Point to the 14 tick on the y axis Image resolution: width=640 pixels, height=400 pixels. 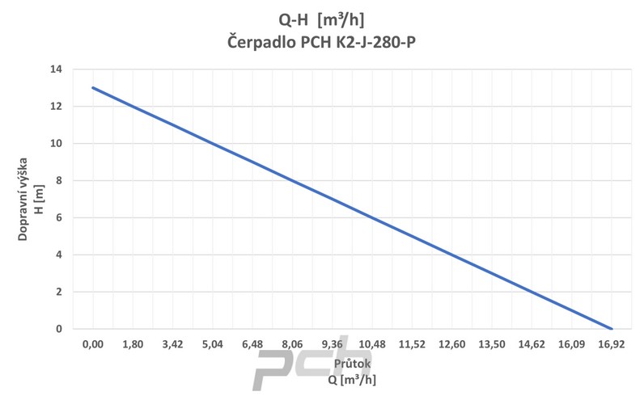56,69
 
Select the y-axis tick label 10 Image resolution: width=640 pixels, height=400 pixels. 56,144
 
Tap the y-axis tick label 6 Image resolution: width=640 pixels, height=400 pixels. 59,218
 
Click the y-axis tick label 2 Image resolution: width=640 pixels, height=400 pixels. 59,293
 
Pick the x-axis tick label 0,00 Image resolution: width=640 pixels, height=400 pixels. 93,344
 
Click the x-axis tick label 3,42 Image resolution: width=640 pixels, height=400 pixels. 172,344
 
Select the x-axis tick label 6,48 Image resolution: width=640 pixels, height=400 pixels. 252,344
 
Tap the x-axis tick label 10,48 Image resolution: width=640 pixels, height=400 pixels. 372,344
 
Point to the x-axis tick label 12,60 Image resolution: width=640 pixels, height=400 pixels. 451,344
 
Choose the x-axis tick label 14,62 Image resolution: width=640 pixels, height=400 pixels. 532,344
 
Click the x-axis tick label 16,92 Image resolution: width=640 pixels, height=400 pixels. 611,344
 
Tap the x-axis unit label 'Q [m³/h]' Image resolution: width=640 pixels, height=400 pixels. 352,380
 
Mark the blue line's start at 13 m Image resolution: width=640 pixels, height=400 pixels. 93,88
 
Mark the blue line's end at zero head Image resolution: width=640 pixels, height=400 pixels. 611,329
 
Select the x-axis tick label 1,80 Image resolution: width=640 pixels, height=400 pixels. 133,344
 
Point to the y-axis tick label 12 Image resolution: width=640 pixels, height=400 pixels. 56,107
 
